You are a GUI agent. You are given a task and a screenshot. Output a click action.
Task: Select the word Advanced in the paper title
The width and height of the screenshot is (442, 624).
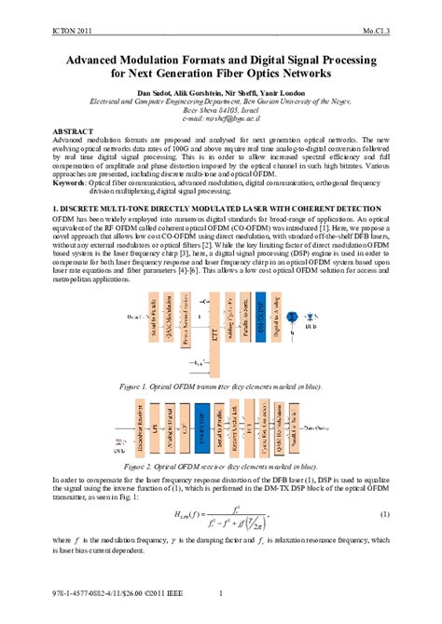(x=100, y=58)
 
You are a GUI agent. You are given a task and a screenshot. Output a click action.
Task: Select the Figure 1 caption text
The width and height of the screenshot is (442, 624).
(x=221, y=384)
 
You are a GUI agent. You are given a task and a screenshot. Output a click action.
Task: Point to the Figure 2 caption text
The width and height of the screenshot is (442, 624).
(x=220, y=465)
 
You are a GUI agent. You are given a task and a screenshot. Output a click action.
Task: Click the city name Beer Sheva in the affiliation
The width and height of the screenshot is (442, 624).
(x=203, y=109)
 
